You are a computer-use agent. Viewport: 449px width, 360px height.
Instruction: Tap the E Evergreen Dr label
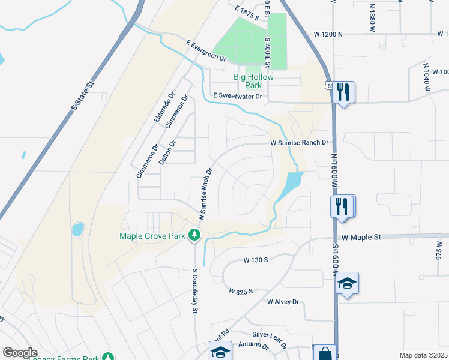tap(206, 51)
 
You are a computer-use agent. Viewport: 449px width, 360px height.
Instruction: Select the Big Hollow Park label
tap(253, 81)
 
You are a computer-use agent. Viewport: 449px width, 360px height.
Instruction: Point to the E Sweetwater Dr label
tap(238, 96)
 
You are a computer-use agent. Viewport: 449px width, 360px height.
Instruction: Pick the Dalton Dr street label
tap(167, 152)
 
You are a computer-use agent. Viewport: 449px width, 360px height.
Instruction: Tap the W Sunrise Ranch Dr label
tap(299, 143)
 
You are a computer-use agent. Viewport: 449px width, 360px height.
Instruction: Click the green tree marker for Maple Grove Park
tap(194, 236)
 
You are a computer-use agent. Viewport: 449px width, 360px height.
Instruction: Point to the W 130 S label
tap(255, 260)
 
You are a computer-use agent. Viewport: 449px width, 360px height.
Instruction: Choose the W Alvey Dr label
tap(283, 301)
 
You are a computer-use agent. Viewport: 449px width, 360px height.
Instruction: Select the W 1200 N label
tap(328, 35)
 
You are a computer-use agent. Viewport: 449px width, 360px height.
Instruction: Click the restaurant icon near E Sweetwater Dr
tap(343, 92)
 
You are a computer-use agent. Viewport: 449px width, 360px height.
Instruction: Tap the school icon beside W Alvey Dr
tap(347, 283)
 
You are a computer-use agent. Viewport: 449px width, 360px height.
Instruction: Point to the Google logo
tap(20, 353)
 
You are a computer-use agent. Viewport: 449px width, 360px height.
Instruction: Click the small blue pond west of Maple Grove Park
tap(77, 229)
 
